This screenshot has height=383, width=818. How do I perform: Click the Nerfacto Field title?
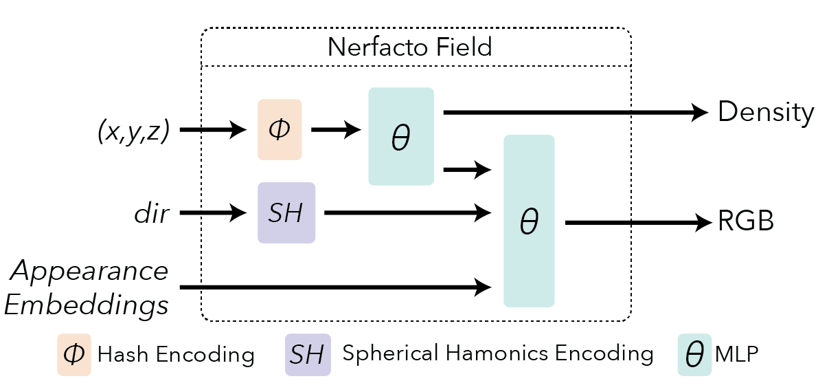tap(410, 47)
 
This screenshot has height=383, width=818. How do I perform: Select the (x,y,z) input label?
tap(133, 130)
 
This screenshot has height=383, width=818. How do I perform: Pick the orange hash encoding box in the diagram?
tap(280, 130)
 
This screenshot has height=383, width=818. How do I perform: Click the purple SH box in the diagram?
tap(286, 213)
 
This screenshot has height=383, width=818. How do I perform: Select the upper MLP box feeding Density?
tap(400, 137)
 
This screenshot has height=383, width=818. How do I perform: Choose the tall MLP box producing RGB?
tap(529, 221)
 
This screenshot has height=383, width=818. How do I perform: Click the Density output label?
tap(766, 112)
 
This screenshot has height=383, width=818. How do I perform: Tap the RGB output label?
tap(747, 222)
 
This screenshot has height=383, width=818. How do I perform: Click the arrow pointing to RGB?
tap(639, 222)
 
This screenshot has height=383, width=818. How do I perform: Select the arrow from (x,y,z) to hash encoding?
tap(214, 130)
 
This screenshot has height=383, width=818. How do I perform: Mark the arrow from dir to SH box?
tap(214, 213)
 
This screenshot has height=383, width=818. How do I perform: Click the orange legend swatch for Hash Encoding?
tap(73, 355)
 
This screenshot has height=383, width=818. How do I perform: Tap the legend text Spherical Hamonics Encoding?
tap(497, 353)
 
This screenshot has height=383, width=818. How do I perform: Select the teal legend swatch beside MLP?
tap(694, 355)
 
